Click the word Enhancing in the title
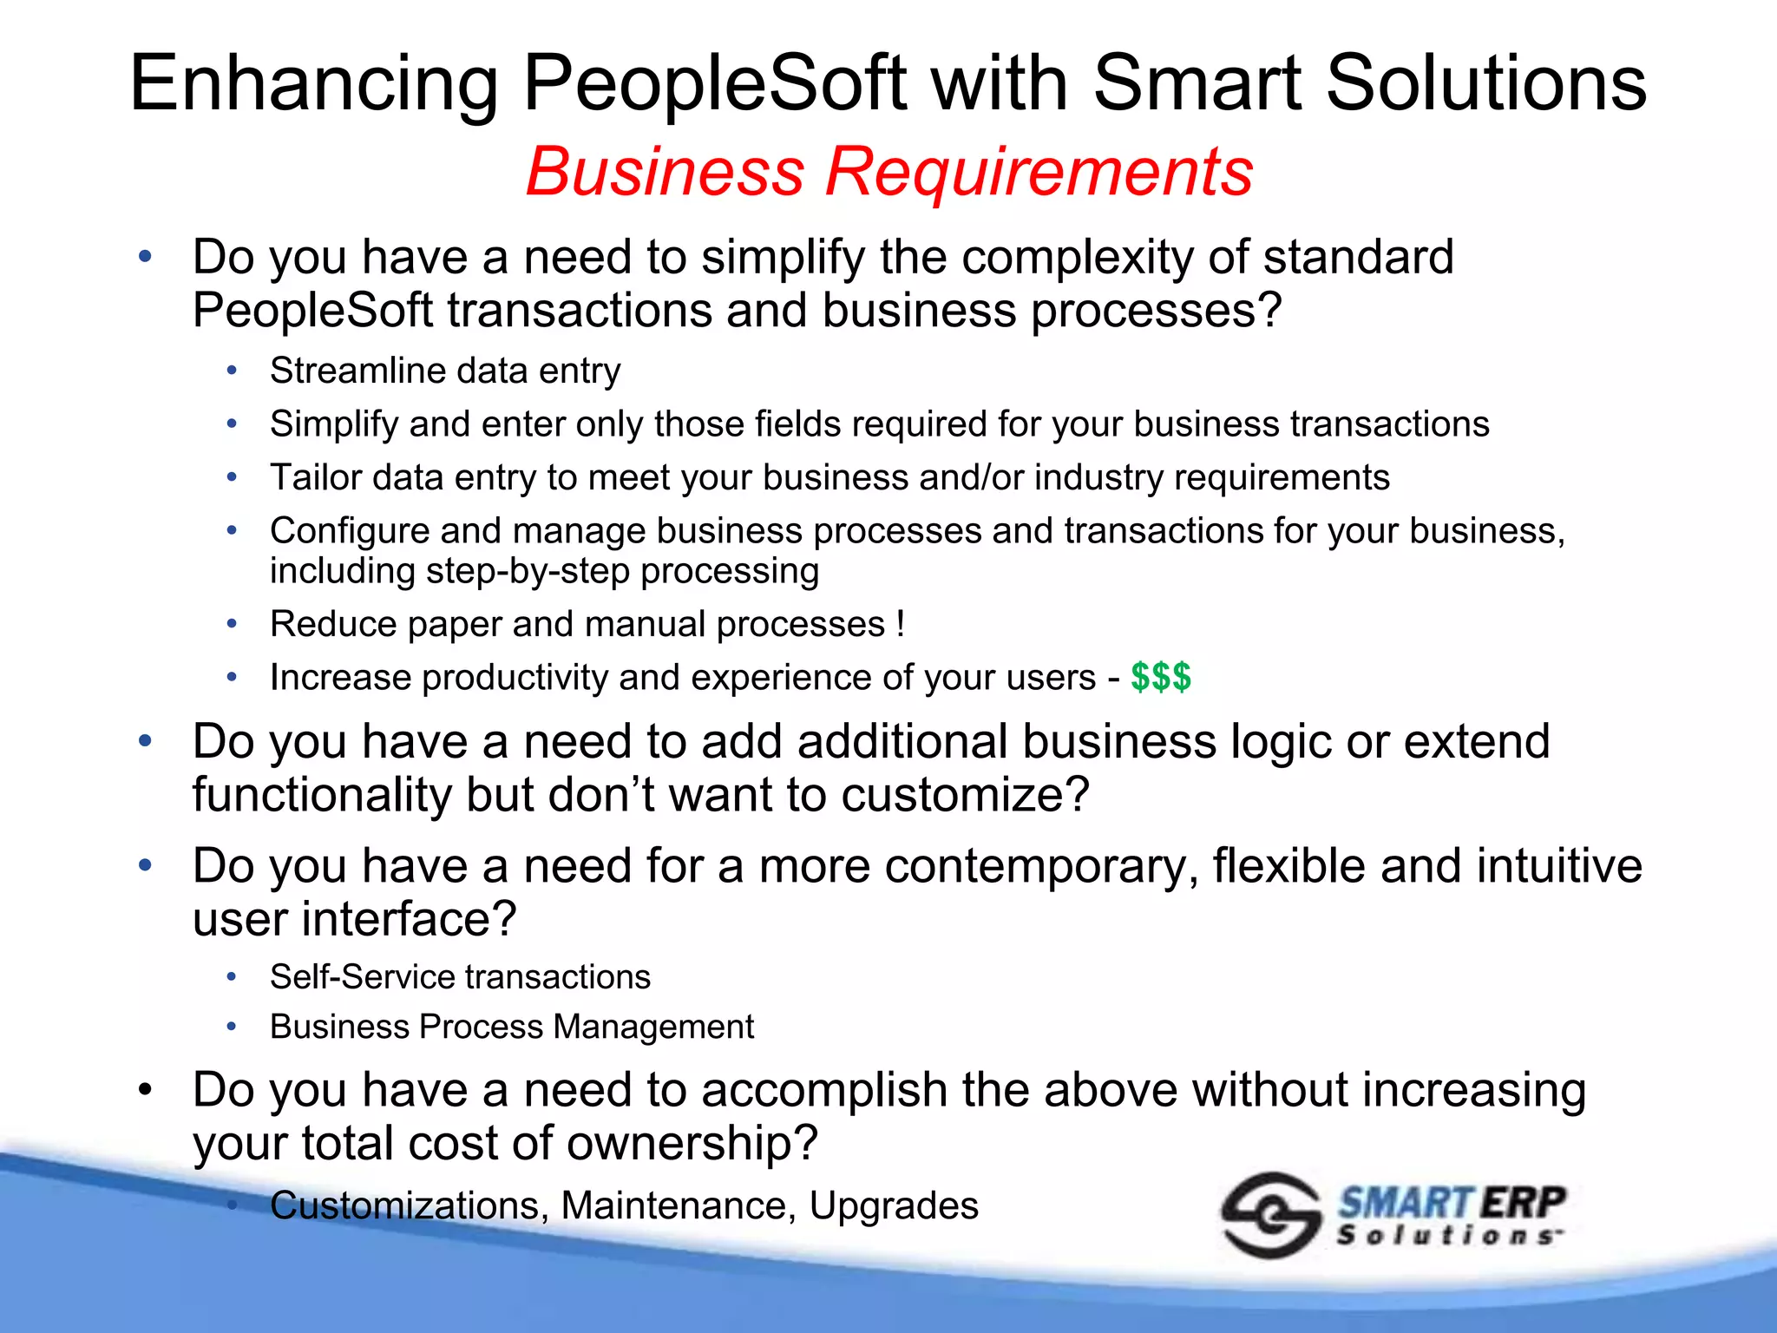pyautogui.click(x=313, y=84)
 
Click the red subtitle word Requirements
pyautogui.click(x=1039, y=172)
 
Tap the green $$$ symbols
pyautogui.click(x=1161, y=677)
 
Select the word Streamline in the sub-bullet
pyautogui.click(x=356, y=371)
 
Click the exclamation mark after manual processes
pyautogui.click(x=900, y=624)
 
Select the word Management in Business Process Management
pyautogui.click(x=653, y=1027)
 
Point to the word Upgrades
pyautogui.click(x=894, y=1205)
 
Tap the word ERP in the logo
pyautogui.click(x=1523, y=1203)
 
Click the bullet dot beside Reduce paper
pyautogui.click(x=232, y=624)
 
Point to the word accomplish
pyautogui.click(x=823, y=1090)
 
